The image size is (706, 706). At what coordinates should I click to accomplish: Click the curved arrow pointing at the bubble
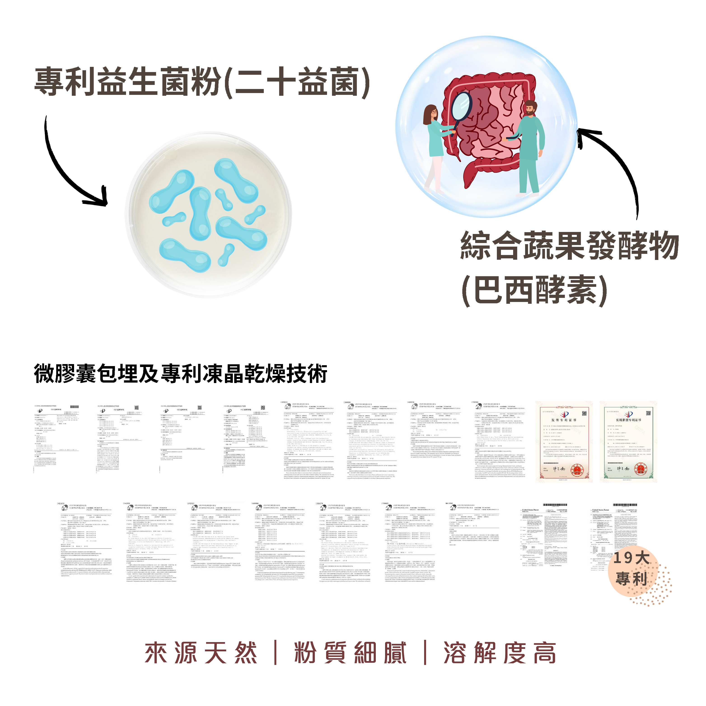pos(617,164)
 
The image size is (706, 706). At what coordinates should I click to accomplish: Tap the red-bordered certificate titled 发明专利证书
pos(564,442)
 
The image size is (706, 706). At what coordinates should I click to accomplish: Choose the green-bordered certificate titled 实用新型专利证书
pos(628,442)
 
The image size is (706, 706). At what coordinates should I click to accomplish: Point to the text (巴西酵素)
pos(534,290)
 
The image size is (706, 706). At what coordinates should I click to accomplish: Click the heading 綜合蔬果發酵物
pos(569,245)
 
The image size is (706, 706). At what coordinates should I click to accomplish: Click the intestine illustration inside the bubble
pos(490,124)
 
